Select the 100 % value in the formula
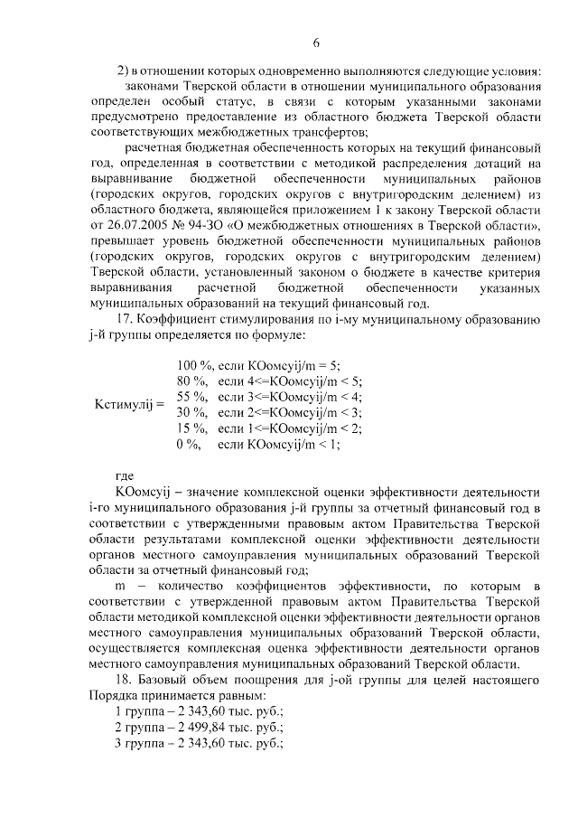click(193, 365)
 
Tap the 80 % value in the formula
click(191, 381)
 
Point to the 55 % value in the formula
click(191, 397)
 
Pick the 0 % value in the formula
click(188, 444)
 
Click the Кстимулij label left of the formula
click(129, 404)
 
